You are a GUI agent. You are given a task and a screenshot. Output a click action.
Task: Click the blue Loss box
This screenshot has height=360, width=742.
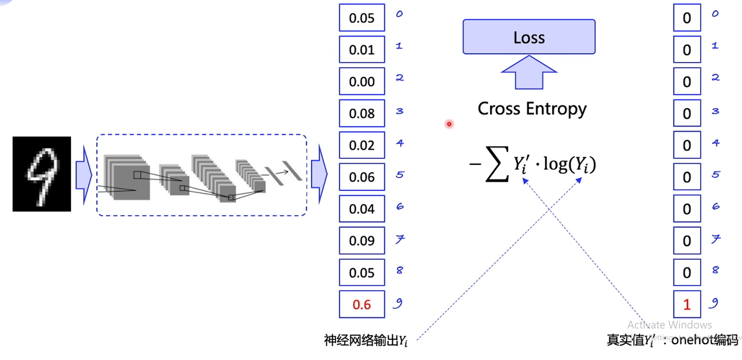[529, 37]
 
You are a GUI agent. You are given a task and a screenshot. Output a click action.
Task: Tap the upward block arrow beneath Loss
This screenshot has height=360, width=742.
[529, 72]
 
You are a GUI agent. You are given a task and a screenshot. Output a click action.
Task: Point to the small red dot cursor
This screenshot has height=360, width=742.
[449, 124]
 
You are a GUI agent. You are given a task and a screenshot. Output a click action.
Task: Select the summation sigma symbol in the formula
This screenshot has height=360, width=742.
[497, 164]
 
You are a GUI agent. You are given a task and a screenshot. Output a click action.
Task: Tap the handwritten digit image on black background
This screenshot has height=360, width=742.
[42, 174]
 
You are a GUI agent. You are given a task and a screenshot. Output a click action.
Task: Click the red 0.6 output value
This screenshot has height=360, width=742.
[362, 305]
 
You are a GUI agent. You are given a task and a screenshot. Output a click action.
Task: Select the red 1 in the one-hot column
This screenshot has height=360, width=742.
[687, 305]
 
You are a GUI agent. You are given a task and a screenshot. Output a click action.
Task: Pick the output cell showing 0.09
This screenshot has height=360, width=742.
[362, 241]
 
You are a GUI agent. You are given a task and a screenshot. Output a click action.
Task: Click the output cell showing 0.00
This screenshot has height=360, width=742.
[362, 81]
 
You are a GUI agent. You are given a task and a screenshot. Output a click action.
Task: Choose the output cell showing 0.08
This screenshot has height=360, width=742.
[362, 113]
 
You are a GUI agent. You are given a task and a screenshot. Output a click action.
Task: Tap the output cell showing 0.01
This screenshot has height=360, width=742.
[362, 50]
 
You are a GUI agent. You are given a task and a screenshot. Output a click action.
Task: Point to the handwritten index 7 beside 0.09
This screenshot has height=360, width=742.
[400, 239]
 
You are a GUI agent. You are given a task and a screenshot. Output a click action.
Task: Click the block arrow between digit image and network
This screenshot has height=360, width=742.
[84, 175]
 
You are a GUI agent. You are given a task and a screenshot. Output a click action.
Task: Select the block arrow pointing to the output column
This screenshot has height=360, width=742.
[319, 175]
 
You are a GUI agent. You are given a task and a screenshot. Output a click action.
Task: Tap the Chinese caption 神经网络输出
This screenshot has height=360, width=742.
[361, 341]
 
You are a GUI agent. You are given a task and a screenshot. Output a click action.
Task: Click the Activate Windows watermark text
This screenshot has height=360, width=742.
[669, 325]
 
